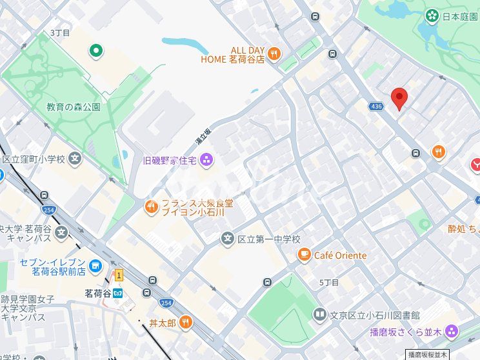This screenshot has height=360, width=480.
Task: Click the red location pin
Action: click(x=400, y=99)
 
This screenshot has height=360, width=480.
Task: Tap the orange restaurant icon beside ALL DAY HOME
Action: click(x=274, y=54)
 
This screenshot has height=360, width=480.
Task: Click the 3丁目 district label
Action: click(x=60, y=32)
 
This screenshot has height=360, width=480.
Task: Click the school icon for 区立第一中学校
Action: click(x=227, y=239)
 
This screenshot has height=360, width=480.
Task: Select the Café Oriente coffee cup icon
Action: click(x=303, y=255)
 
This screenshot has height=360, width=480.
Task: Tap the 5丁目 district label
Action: click(x=329, y=283)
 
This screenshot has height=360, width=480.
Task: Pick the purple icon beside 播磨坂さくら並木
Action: click(x=451, y=332)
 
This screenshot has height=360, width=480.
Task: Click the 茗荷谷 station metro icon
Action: click(x=117, y=292)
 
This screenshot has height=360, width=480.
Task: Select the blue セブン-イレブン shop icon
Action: click(x=95, y=265)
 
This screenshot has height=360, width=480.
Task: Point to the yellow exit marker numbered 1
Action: click(x=119, y=275)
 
